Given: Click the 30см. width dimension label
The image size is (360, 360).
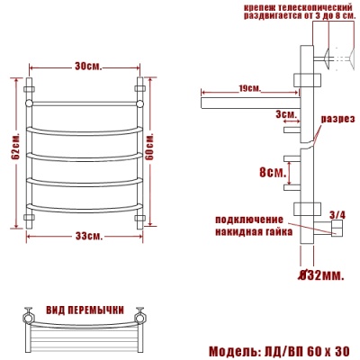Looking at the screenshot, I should [87, 67].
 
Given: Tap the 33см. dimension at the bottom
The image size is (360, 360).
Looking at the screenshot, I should [87, 236].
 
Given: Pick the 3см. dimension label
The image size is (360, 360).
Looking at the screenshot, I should [287, 115].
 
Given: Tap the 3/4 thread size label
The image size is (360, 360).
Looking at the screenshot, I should [337, 214].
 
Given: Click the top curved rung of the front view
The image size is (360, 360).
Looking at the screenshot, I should [87, 105].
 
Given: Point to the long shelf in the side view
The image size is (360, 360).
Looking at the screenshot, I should [247, 102].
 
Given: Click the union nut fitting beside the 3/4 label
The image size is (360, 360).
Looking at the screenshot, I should [335, 230].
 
